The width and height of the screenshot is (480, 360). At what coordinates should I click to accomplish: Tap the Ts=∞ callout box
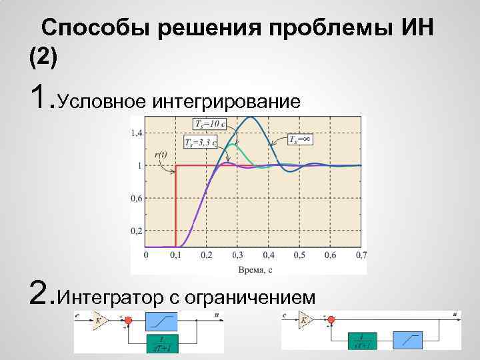pos(301,139)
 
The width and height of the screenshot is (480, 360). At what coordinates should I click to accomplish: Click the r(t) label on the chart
pos(161,155)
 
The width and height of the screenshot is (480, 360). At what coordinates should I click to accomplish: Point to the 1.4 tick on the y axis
pos(136,133)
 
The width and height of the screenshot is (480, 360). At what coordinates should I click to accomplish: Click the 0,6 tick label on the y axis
pos(136,198)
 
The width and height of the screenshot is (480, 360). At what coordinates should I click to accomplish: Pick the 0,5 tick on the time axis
pos(299,255)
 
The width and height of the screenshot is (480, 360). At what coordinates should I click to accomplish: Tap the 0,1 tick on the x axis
pos(176,255)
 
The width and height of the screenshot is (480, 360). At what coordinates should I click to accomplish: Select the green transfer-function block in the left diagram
pos(163,343)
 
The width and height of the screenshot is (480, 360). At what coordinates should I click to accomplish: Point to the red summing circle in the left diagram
pos(129,322)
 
